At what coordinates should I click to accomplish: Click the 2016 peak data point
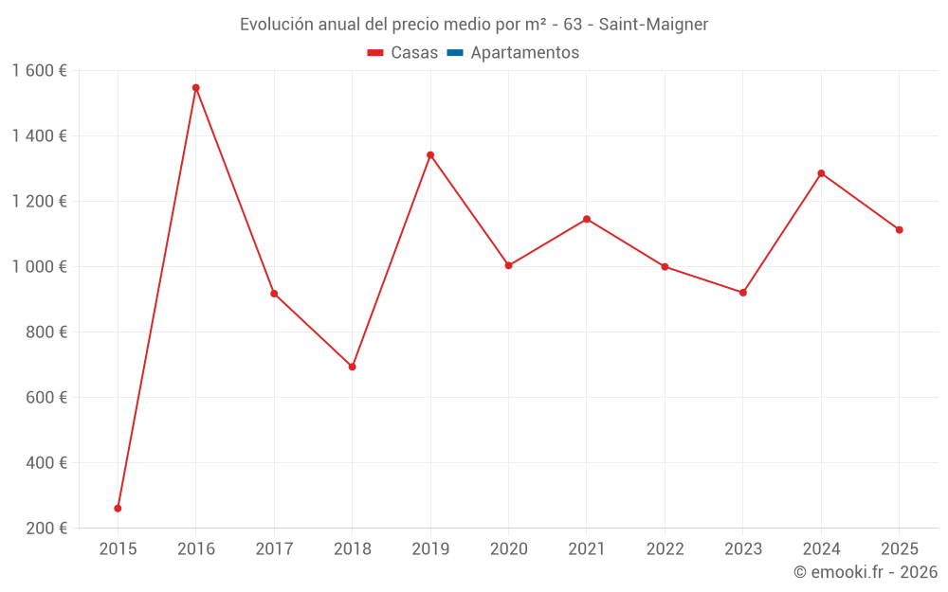196,88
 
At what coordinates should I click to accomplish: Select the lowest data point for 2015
118,509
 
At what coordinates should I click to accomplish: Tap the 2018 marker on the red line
353,367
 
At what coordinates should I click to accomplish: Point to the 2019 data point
430,155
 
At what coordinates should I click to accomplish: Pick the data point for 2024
821,173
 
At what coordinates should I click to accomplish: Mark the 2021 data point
587,219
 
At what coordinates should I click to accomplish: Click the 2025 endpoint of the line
899,230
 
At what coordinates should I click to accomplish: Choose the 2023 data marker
743,293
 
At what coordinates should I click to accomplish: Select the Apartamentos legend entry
524,53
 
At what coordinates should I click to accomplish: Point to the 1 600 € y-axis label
39,71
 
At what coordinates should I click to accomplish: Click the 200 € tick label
46,529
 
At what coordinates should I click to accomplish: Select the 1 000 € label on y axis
39,267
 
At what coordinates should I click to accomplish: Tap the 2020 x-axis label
508,549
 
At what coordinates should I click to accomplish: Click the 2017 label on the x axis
274,549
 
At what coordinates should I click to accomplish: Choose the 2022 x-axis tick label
665,549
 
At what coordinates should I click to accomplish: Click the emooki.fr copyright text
866,572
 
